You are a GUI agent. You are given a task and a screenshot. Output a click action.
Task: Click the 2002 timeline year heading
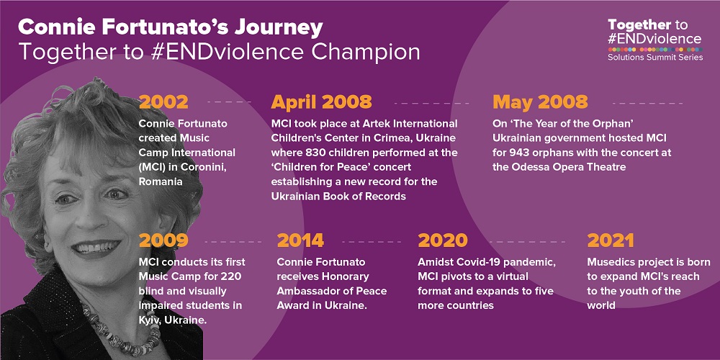click(163, 102)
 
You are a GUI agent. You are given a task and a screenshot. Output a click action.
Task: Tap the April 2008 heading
click(321, 102)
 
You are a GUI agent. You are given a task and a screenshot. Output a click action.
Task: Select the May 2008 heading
click(540, 102)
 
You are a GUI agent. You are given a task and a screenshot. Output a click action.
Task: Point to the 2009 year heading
click(163, 240)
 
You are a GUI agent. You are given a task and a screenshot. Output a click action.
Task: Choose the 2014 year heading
click(300, 240)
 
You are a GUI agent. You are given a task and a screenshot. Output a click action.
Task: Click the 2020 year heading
click(442, 240)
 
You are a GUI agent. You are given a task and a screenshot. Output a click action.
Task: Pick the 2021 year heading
click(611, 240)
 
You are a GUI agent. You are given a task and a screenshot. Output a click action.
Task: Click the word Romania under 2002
click(161, 181)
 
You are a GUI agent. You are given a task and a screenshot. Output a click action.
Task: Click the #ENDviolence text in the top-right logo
click(654, 38)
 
